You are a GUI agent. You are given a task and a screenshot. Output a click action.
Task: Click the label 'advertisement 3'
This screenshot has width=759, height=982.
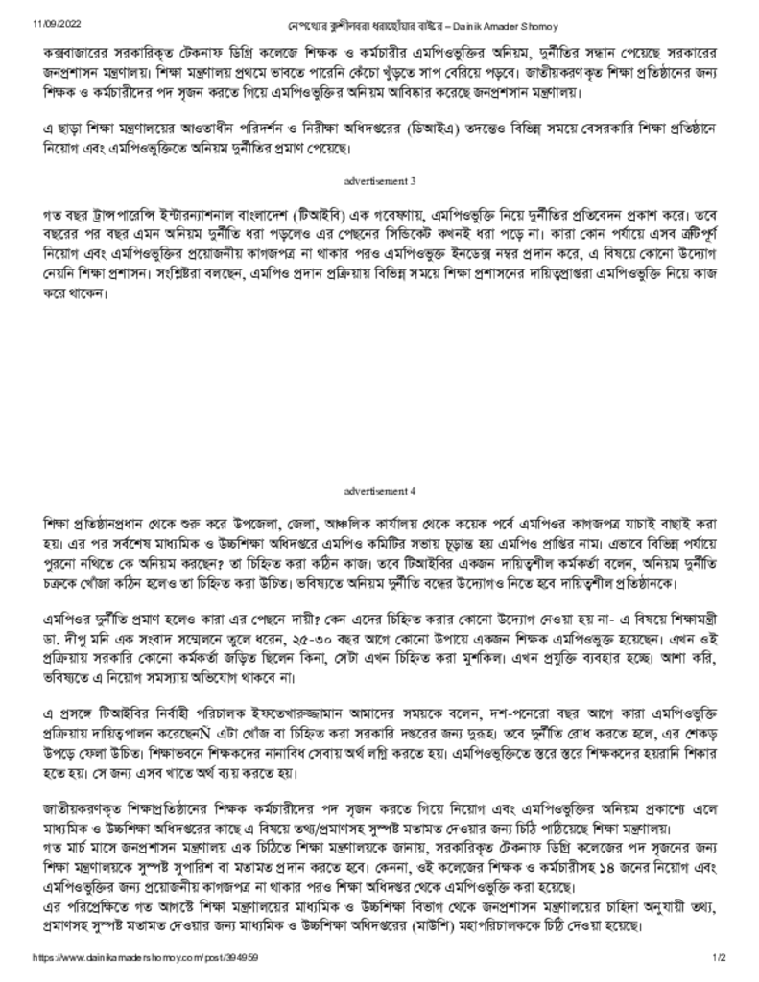pos(379,180)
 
